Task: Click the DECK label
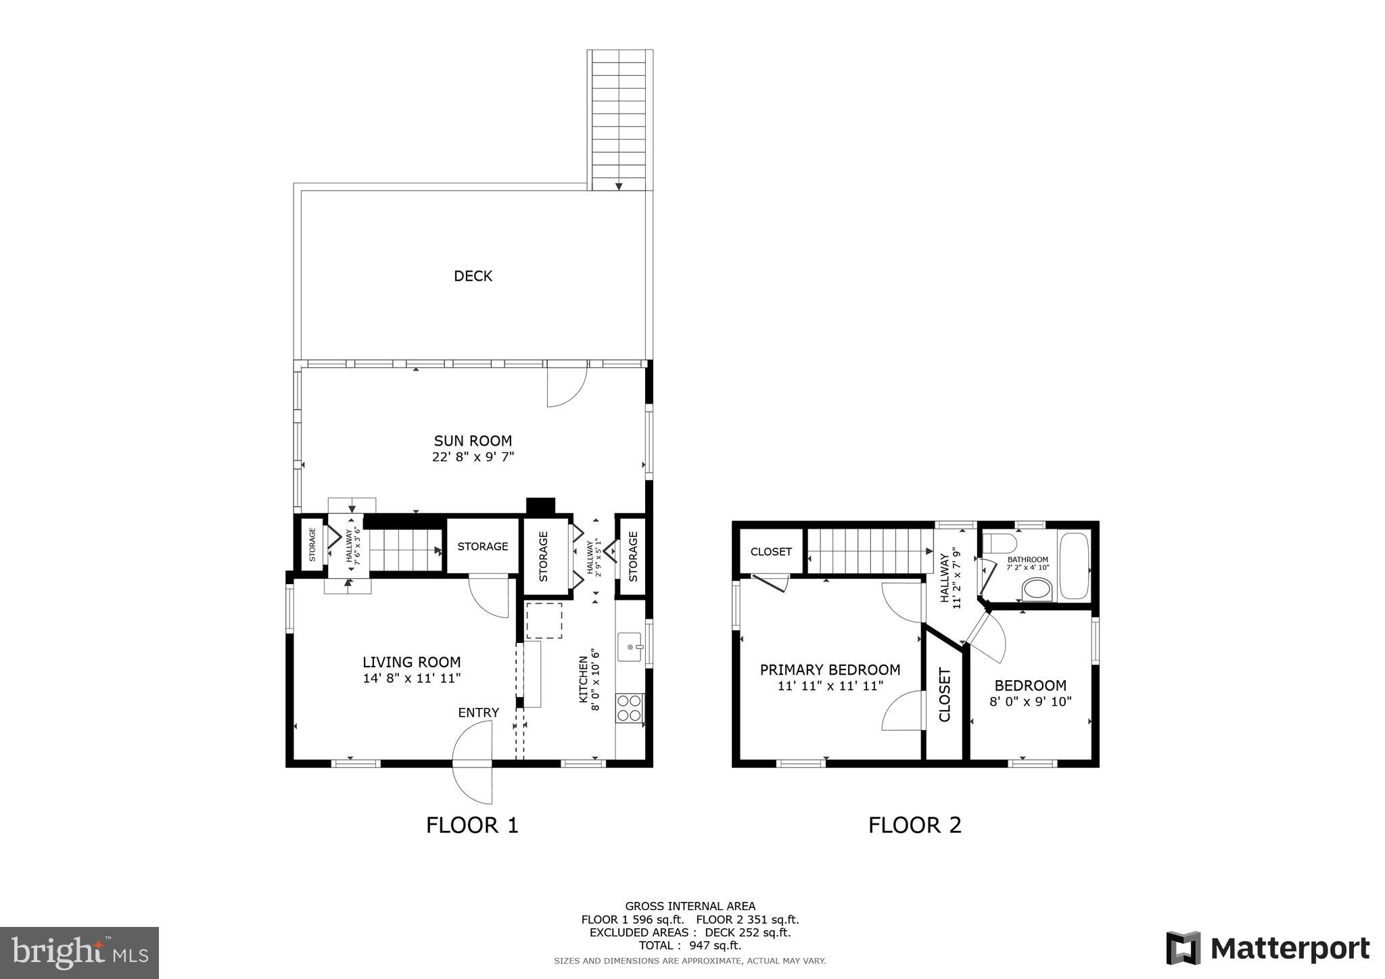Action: tap(473, 276)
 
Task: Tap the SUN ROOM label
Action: tap(473, 441)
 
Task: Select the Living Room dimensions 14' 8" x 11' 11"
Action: tap(411, 678)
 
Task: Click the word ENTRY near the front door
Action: tap(478, 713)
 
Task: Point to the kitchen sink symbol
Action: tap(630, 647)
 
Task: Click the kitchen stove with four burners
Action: tap(629, 708)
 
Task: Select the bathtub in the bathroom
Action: tap(1074, 567)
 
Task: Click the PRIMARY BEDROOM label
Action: tap(830, 670)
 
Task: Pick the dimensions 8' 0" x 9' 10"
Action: tap(1030, 702)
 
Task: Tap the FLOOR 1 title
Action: tap(472, 825)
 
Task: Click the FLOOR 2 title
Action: tap(914, 825)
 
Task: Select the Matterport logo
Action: tap(1267, 948)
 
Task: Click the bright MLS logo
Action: tap(80, 953)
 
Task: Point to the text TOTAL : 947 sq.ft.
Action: tap(690, 946)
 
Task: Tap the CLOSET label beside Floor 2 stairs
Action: tap(771, 552)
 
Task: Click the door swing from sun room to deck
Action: tap(566, 387)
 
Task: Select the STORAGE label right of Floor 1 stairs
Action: tap(482, 546)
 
